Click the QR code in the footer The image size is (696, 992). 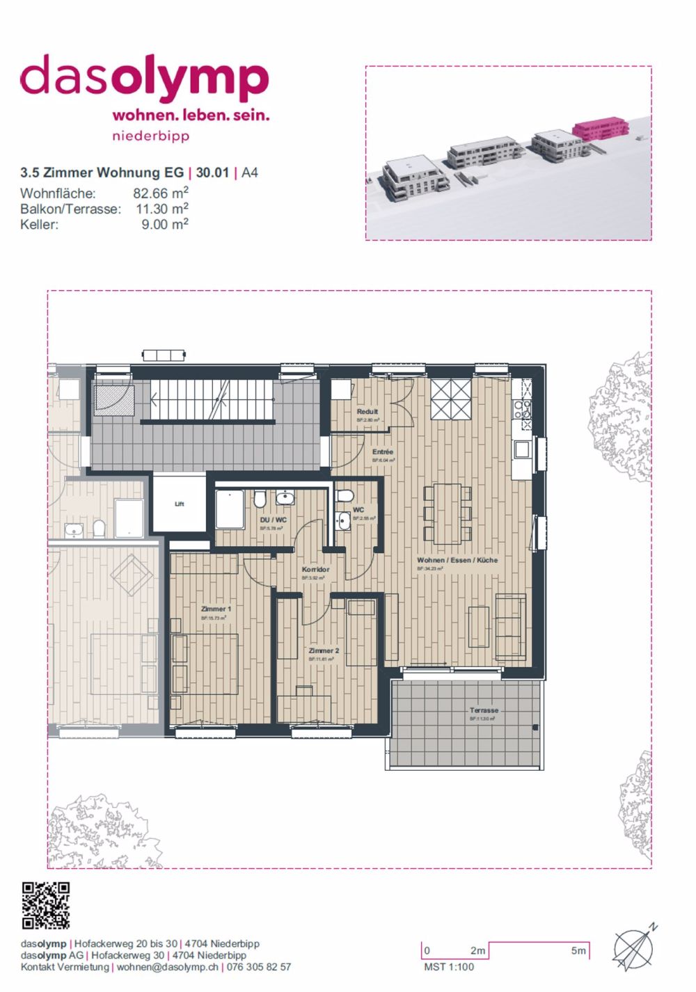coord(46,905)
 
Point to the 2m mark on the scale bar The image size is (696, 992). coord(477,950)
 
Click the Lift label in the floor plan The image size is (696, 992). coord(180,504)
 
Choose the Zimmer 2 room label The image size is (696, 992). coord(324,651)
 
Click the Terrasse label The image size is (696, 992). coord(484,710)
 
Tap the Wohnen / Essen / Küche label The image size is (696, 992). coord(457,560)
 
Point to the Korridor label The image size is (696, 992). coord(315,569)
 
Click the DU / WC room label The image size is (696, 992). coord(273,520)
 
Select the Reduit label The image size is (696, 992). coord(367,412)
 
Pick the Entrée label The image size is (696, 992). coord(383,451)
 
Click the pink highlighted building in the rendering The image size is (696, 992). coord(600,129)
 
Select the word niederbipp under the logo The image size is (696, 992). coord(150,136)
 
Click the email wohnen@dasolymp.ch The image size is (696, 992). coord(167,967)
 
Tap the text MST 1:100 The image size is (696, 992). coord(448,967)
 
